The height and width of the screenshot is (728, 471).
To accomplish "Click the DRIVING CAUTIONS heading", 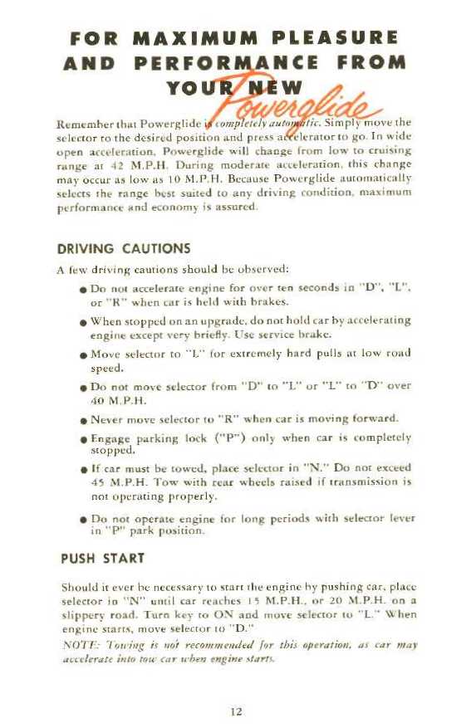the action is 124,247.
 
